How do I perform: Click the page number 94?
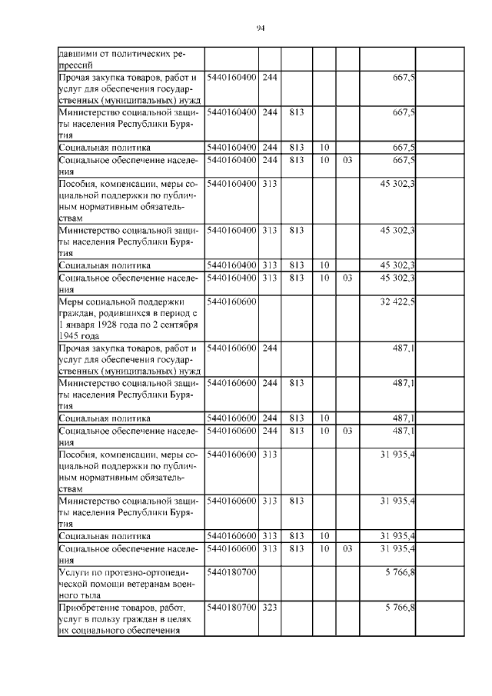(260, 28)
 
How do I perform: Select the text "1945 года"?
(79, 336)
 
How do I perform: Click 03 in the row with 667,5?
(347, 160)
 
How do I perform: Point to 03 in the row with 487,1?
(347, 431)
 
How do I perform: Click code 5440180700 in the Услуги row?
(231, 573)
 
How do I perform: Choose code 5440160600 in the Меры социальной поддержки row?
(231, 302)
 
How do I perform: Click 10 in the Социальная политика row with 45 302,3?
(324, 265)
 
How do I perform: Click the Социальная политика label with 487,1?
(105, 418)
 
